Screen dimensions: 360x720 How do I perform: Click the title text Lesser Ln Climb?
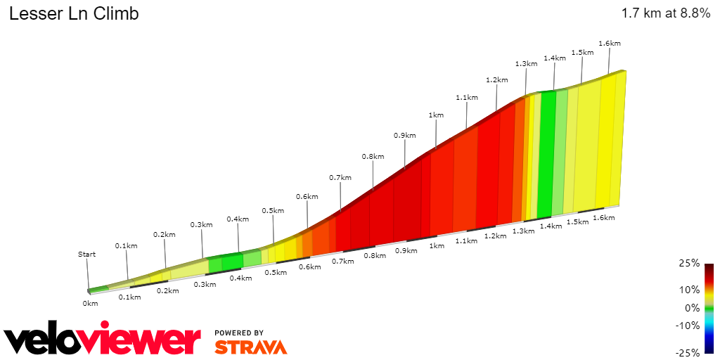pos(74,14)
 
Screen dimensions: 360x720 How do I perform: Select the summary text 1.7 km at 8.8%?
pos(666,14)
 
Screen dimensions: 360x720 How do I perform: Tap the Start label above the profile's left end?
pos(86,255)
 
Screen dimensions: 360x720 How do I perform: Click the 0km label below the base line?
pos(90,304)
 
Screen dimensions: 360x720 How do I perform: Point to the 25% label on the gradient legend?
pos(690,263)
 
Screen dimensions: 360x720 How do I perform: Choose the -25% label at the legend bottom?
pos(688,352)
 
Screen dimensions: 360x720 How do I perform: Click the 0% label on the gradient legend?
pos(693,307)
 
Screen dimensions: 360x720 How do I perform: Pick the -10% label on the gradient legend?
pos(688,325)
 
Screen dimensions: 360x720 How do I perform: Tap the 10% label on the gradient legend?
pos(690,290)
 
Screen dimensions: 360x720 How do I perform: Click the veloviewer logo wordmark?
pos(103,340)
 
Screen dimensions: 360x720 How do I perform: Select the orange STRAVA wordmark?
pos(250,347)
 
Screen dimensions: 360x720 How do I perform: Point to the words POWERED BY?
pos(239,333)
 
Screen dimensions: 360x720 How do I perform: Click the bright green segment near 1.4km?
pos(546,155)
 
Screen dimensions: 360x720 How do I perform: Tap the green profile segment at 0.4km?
pos(232,262)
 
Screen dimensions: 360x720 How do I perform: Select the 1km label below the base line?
pos(437,246)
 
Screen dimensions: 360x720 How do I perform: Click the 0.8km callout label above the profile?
pos(373,156)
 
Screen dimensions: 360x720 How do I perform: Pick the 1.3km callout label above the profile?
pos(526,63)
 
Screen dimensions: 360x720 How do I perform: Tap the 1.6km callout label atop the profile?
pos(610,44)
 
